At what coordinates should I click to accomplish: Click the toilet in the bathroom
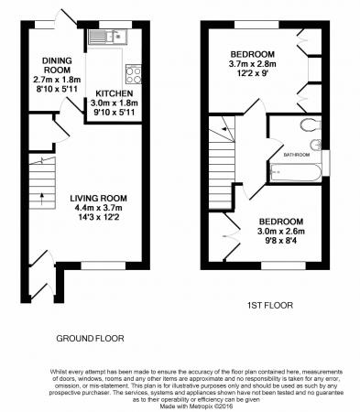[311, 126]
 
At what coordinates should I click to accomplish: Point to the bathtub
[293, 171]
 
